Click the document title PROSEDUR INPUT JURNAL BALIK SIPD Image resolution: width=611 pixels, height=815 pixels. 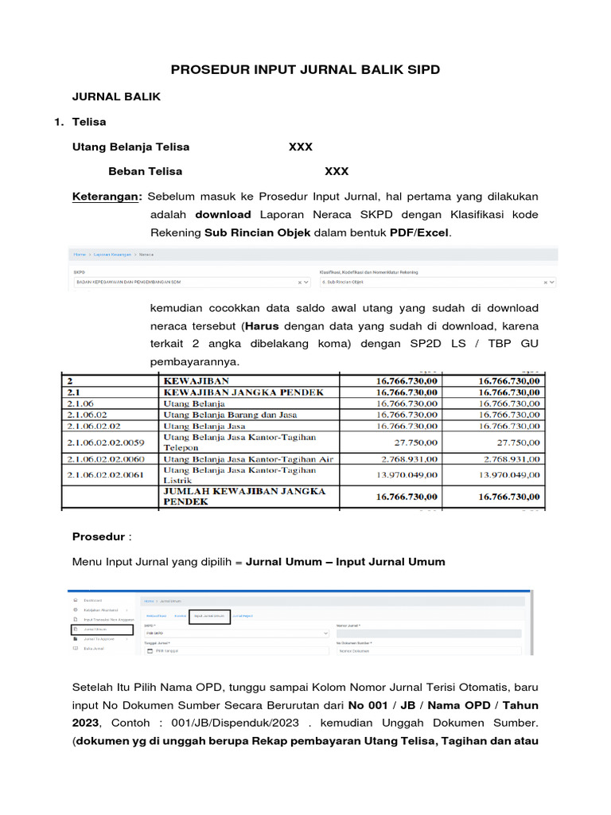point(306,70)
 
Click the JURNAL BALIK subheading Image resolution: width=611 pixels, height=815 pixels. point(116,96)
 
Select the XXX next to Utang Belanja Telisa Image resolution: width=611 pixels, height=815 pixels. point(300,147)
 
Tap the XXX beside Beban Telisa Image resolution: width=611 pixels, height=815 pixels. point(336,171)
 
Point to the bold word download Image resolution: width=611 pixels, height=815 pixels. point(223,214)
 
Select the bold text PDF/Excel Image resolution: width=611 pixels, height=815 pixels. point(419,232)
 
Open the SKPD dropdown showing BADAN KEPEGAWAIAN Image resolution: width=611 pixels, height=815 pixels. point(191,282)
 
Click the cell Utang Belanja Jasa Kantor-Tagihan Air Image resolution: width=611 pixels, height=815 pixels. point(247,459)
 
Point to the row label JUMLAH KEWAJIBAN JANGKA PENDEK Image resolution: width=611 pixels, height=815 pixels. point(243,497)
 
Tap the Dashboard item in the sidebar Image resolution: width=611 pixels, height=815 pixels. point(92,600)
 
